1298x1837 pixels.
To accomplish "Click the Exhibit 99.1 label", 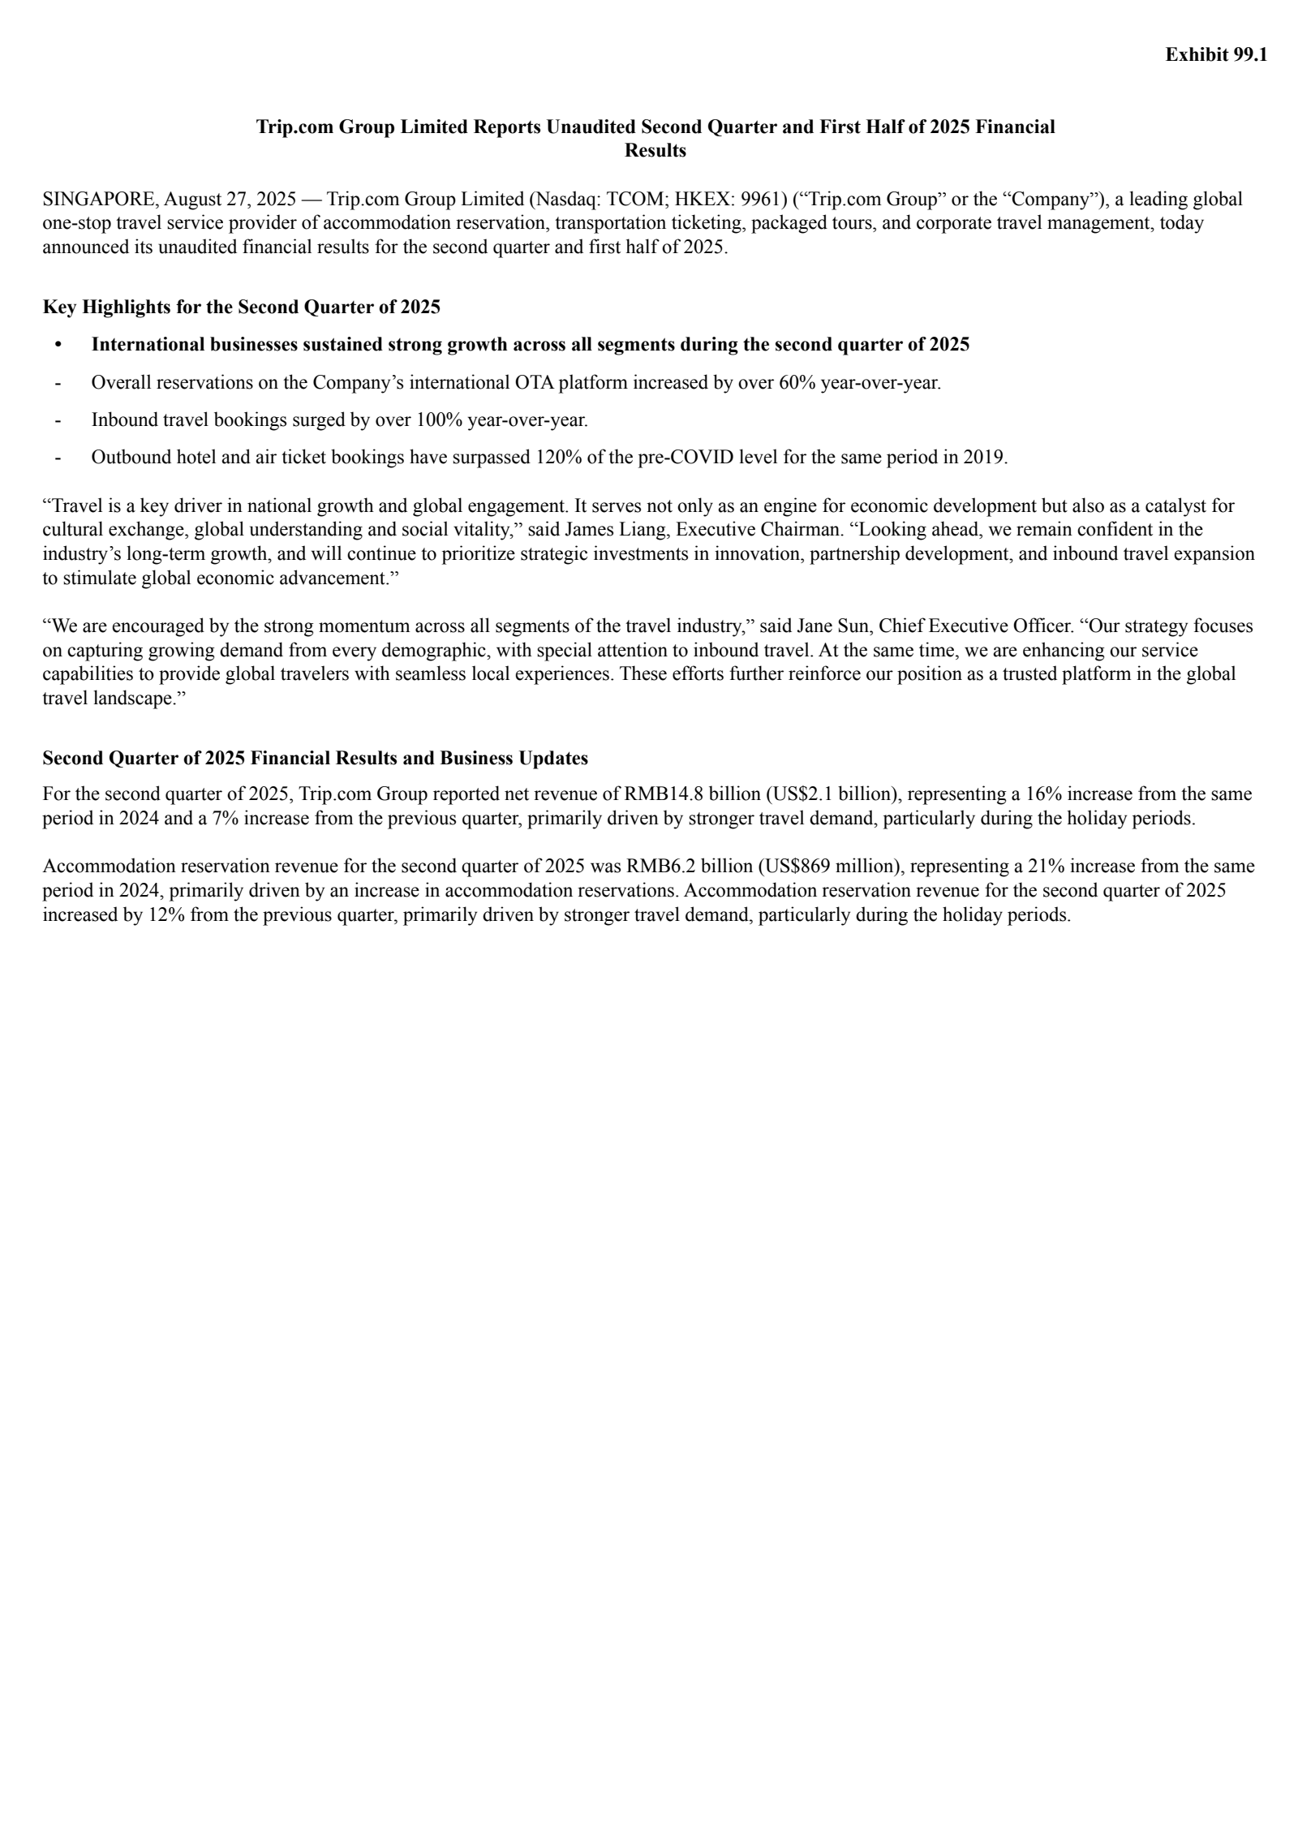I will (x=1215, y=54).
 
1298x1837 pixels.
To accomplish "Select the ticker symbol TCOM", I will (x=640, y=200).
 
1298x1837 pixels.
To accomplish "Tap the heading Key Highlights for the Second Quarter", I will (x=241, y=307).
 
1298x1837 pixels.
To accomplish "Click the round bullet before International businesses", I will (x=58, y=345).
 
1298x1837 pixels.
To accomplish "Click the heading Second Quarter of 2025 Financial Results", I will (x=315, y=759).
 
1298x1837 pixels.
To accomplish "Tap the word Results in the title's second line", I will (x=655, y=151).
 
